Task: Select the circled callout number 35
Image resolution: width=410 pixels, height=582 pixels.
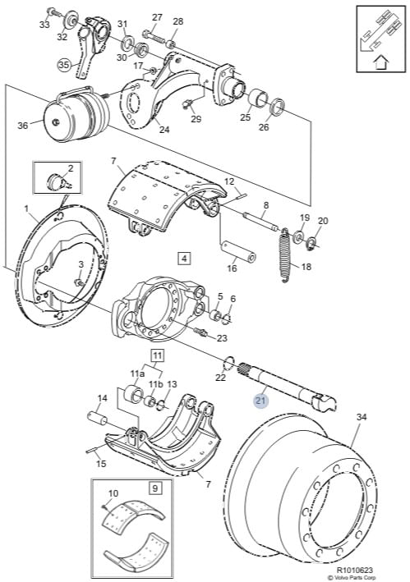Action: [x=64, y=66]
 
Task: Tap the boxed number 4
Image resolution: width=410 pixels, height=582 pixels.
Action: [x=184, y=258]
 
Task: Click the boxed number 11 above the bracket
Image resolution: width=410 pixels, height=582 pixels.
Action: [x=158, y=356]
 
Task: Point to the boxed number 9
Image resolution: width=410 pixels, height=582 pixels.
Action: [x=154, y=488]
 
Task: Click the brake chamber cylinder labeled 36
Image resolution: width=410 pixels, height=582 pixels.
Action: [x=77, y=114]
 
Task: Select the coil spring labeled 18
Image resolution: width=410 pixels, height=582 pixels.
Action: [x=285, y=255]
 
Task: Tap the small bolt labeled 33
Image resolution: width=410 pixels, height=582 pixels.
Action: [x=53, y=11]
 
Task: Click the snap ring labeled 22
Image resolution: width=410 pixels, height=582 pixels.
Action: [x=229, y=363]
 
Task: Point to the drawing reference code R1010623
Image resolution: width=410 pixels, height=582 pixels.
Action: [x=355, y=570]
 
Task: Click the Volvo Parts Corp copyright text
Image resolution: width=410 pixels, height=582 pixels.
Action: [x=352, y=578]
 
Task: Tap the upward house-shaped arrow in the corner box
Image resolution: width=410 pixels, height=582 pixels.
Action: [x=380, y=62]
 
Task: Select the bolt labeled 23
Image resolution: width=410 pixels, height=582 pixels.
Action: [x=201, y=331]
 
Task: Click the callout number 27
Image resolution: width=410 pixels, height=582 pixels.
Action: [x=157, y=17]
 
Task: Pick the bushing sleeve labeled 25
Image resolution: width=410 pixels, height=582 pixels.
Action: [x=257, y=99]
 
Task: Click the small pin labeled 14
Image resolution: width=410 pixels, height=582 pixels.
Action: [x=97, y=418]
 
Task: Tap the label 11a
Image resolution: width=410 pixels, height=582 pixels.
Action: [x=137, y=373]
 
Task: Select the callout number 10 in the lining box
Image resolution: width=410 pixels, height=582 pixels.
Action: [x=113, y=493]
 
